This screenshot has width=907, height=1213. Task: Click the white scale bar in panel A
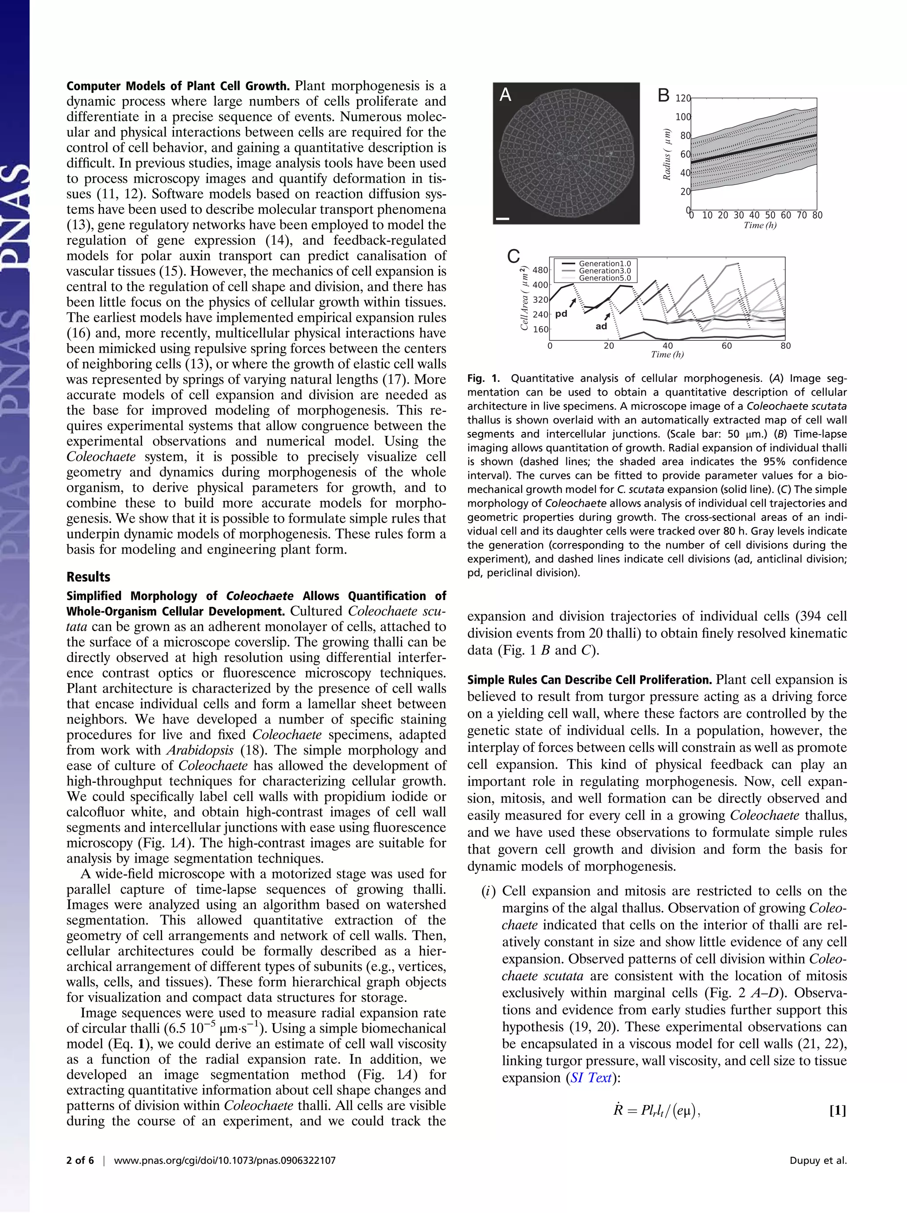(x=502, y=219)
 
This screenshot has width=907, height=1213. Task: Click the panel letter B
(x=663, y=96)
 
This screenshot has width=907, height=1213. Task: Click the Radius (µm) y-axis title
(x=667, y=154)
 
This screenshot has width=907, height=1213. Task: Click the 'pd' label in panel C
(x=561, y=314)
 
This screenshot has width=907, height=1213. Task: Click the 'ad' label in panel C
(x=601, y=326)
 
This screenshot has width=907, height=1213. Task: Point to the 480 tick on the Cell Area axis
(x=540, y=270)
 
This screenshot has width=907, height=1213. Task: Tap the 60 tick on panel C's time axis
(x=726, y=346)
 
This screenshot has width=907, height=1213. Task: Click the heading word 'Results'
(x=88, y=577)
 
